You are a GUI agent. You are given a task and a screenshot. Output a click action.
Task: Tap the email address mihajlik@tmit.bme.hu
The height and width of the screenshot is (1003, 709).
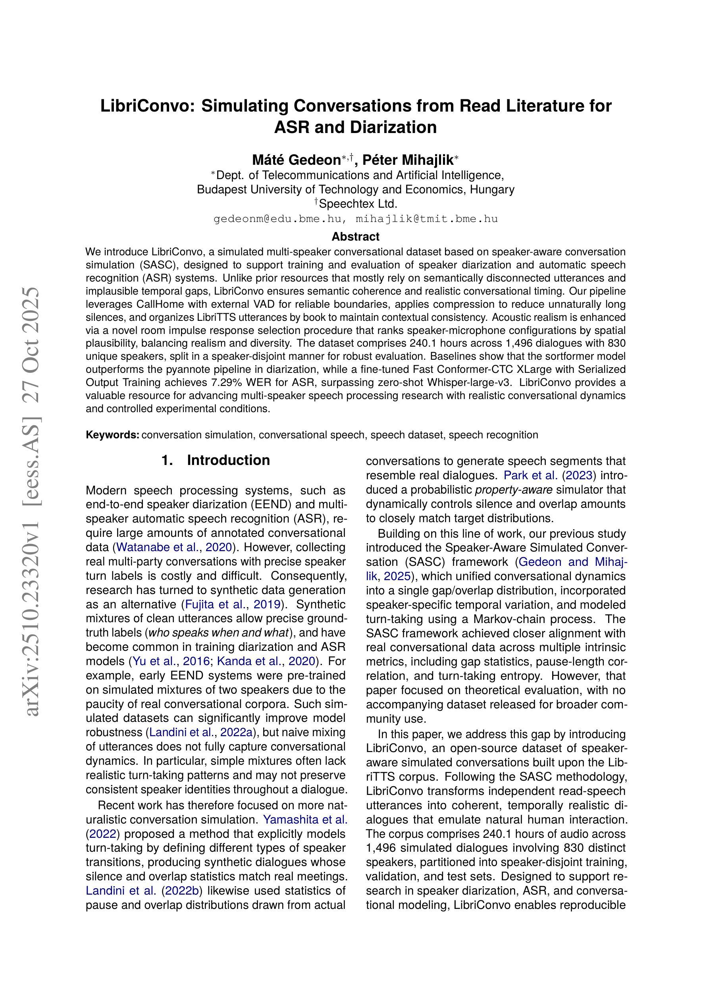click(427, 219)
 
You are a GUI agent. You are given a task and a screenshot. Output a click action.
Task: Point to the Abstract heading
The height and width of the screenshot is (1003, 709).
click(355, 237)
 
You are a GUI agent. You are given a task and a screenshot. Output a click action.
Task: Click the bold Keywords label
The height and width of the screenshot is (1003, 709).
click(112, 435)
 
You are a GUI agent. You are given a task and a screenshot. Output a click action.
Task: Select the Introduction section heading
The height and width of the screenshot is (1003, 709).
click(228, 461)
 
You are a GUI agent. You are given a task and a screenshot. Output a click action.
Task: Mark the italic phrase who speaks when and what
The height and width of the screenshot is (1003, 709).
click(219, 633)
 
